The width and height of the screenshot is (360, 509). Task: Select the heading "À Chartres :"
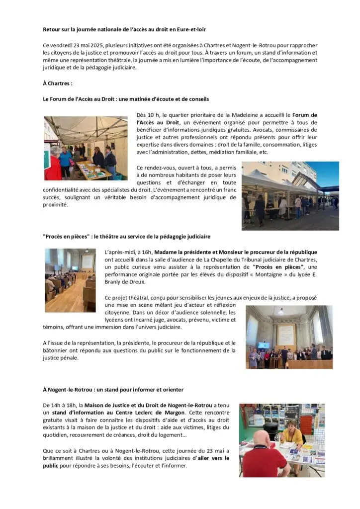pyautogui.click(x=58, y=83)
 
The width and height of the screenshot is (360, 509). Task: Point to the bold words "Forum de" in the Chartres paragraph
pyautogui.click(x=304, y=115)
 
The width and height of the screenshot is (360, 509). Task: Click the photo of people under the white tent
pyautogui.click(x=86, y=148)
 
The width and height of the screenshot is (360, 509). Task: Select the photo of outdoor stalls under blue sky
pyautogui.click(x=290, y=195)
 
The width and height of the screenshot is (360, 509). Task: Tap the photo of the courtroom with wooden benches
pyautogui.click(x=70, y=280)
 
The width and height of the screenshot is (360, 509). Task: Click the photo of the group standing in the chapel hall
pyautogui.click(x=289, y=337)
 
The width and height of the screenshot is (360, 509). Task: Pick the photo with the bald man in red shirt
pyautogui.click(x=281, y=440)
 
